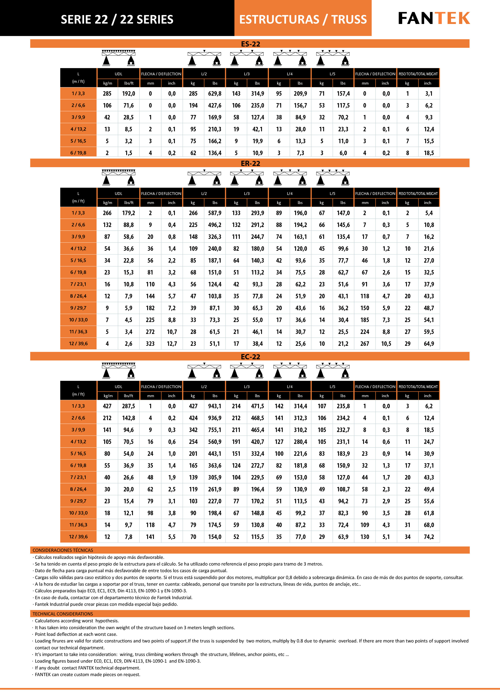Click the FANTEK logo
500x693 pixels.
pyautogui.click(x=434, y=18)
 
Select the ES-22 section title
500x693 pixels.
pyautogui.click(x=250, y=44)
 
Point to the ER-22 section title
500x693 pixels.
pyautogui.click(x=250, y=164)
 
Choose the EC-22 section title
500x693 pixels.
pyautogui.click(x=250, y=357)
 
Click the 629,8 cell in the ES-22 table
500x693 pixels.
pyautogui.click(x=215, y=93)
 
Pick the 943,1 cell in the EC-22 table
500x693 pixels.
pyautogui.click(x=215, y=406)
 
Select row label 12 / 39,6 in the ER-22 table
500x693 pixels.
pyautogui.click(x=78, y=343)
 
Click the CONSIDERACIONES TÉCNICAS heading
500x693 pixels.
pyautogui.click(x=63, y=550)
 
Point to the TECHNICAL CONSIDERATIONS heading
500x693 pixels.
pyautogui.click(x=63, y=614)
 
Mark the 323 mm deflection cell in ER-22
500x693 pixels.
pyautogui.click(x=150, y=343)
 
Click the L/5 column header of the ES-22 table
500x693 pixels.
pyautogui.click(x=332, y=74)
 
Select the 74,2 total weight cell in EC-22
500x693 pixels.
pyautogui.click(x=429, y=537)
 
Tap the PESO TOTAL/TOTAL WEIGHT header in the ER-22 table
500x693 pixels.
pyautogui.click(x=418, y=193)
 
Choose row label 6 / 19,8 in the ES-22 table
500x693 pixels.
pyautogui.click(x=78, y=153)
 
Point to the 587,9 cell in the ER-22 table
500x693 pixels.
pyautogui.click(x=215, y=213)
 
